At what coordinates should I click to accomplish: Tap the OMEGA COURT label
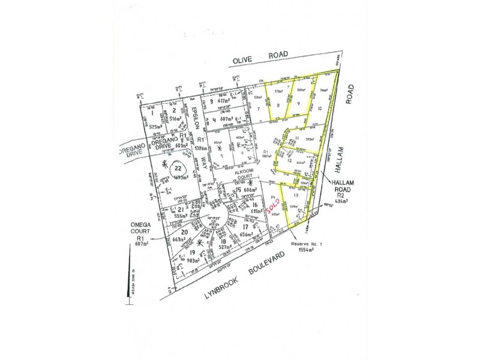[x=141, y=229]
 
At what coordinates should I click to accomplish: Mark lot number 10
[x=319, y=108]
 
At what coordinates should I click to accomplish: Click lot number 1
[x=153, y=112]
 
